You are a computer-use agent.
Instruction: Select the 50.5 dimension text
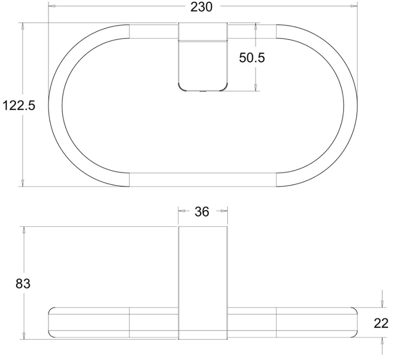click(x=252, y=58)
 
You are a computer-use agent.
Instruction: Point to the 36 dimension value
click(x=202, y=212)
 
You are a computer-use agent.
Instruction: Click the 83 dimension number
click(x=23, y=284)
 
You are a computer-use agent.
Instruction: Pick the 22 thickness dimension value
click(x=381, y=323)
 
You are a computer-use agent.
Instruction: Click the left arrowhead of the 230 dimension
click(x=51, y=6)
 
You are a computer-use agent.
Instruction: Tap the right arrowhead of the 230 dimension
click(x=354, y=6)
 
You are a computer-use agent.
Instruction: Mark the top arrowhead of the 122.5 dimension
click(x=22, y=26)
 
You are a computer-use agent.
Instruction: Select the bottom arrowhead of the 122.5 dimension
click(x=22, y=183)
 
